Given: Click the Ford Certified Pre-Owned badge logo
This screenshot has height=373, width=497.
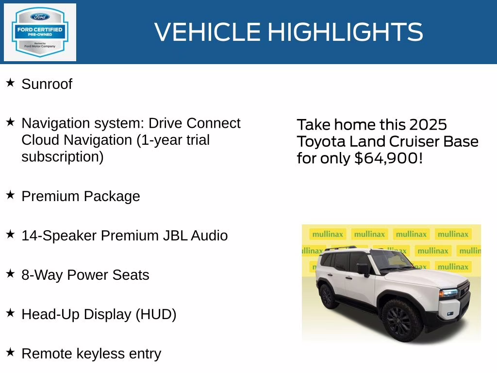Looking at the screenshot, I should pyautogui.click(x=40, y=32).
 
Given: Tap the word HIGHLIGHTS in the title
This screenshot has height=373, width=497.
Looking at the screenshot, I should pyautogui.click(x=345, y=32).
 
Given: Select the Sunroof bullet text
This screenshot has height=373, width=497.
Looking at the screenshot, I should pyautogui.click(x=47, y=84).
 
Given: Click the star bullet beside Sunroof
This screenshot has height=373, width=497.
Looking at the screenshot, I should pyautogui.click(x=10, y=83).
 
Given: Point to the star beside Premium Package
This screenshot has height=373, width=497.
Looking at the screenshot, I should pyautogui.click(x=10, y=195).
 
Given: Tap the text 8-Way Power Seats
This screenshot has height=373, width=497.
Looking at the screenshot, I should pyautogui.click(x=85, y=275).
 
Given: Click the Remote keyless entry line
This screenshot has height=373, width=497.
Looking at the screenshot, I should pyautogui.click(x=91, y=354).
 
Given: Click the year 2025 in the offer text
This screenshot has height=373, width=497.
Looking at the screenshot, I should pyautogui.click(x=428, y=125).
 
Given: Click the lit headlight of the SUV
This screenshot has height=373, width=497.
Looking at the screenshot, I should pyautogui.click(x=448, y=293).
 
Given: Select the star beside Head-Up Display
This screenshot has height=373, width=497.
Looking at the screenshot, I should pyautogui.click(x=10, y=313).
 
